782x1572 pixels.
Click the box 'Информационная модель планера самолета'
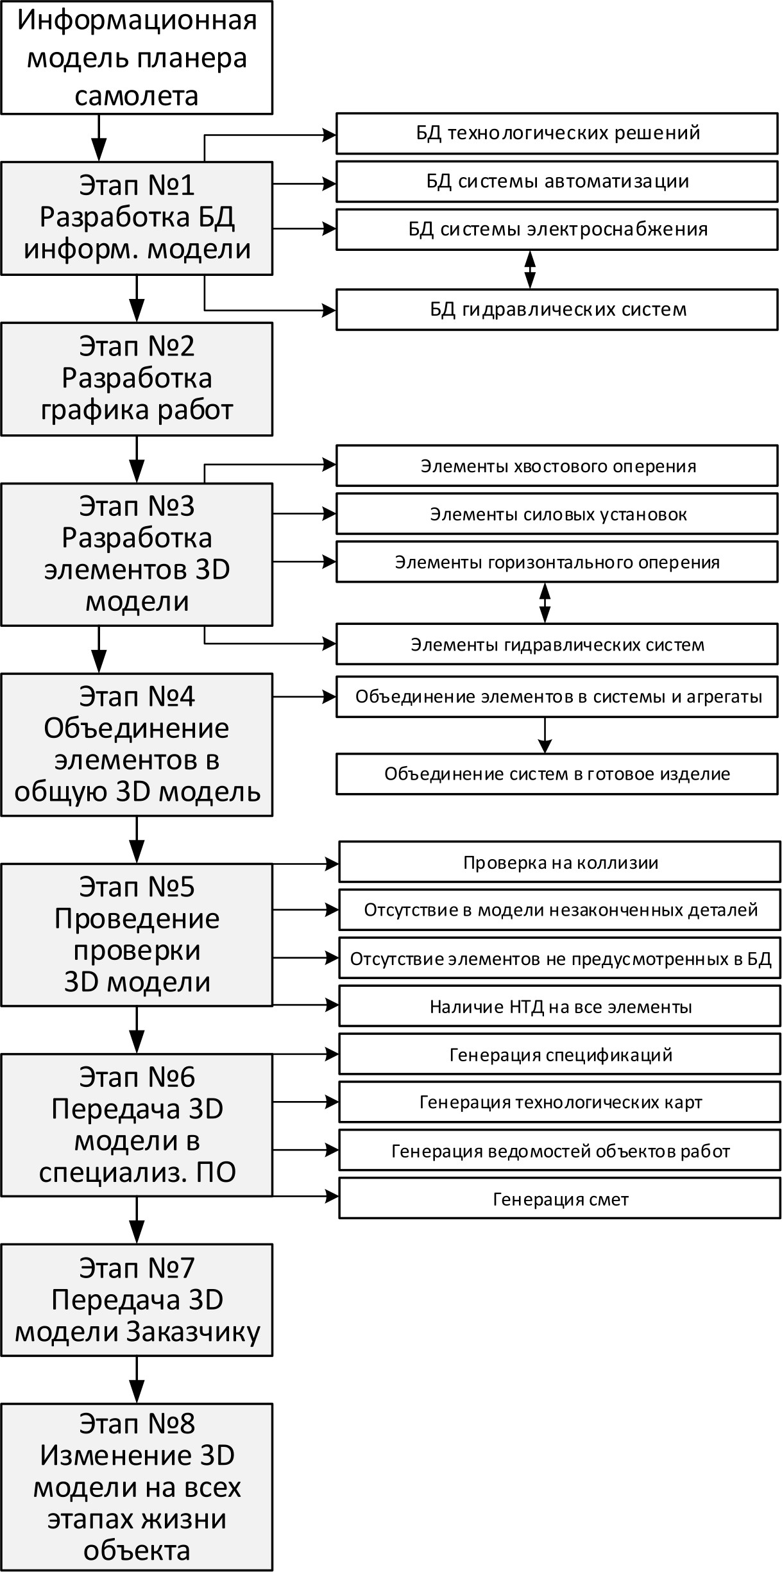tap(137, 58)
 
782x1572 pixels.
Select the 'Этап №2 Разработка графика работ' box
tap(137, 379)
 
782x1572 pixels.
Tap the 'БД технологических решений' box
tap(557, 133)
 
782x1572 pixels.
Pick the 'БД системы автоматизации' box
tap(557, 182)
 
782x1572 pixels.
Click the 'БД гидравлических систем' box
tap(557, 310)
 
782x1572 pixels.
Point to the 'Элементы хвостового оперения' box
tap(557, 466)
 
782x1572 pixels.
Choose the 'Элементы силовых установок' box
tap(557, 515)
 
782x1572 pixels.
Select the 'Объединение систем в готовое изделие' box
tap(557, 774)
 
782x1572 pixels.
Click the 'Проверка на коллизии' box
tap(559, 863)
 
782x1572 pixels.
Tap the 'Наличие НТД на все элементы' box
tap(559, 1007)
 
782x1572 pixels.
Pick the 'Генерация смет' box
tap(559, 1199)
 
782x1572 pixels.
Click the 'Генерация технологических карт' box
tap(559, 1102)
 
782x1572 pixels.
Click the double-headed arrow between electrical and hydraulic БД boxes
tap(530, 269)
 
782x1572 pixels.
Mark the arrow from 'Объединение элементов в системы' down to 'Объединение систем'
tap(545, 735)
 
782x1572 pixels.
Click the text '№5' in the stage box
tap(171, 887)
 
